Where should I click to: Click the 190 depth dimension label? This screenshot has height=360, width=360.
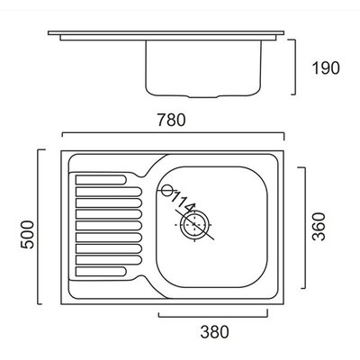326,68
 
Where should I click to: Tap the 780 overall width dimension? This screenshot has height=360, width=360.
172,120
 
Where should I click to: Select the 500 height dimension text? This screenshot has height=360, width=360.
27,234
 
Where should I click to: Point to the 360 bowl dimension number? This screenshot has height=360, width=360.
319,227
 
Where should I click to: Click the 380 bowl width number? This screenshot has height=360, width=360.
214,332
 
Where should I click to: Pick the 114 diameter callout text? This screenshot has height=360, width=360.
183,202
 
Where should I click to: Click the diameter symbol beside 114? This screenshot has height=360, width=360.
166,190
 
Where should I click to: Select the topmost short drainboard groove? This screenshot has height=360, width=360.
101,180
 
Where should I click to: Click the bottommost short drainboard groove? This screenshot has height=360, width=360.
101,272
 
